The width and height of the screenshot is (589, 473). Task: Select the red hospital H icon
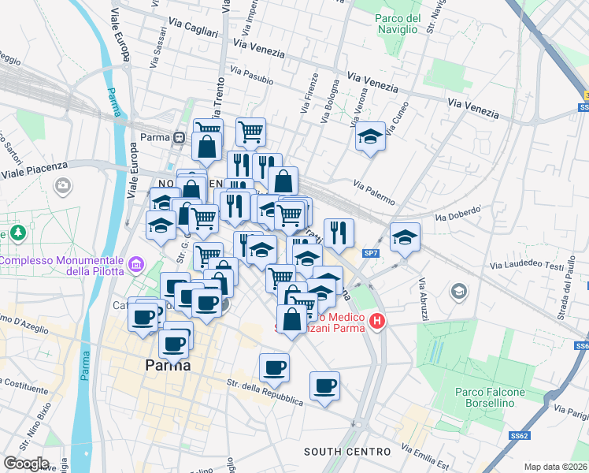click(377, 322)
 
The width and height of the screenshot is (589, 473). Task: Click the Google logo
click(26, 464)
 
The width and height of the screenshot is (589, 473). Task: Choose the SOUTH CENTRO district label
click(347, 452)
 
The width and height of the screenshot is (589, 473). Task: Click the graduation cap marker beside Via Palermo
click(370, 138)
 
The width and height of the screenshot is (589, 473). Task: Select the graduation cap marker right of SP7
click(405, 238)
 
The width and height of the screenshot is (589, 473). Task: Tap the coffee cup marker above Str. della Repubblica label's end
click(324, 387)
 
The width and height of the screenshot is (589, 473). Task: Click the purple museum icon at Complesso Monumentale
click(137, 263)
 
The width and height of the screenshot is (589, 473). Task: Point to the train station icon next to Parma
click(180, 137)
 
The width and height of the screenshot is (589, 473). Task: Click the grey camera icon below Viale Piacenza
click(62, 185)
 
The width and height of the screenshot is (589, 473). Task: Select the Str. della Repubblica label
click(265, 392)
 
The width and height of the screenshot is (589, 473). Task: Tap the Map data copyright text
click(556, 466)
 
